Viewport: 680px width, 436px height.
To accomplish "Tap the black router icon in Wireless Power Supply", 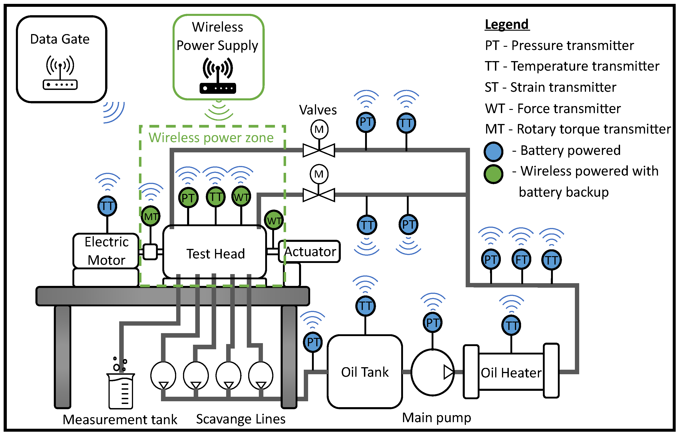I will tap(218, 76).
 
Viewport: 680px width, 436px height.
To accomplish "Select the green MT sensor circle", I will tap(151, 216).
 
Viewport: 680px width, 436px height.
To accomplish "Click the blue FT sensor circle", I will tap(521, 259).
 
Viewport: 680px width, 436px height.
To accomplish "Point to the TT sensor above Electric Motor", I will tap(107, 206).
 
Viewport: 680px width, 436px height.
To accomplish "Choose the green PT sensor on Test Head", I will tap(188, 197).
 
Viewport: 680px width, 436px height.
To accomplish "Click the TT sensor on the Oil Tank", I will tap(365, 306).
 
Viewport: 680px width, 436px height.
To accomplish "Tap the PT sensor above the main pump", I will tap(432, 322).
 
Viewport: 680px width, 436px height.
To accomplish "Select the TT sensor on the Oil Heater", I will tap(511, 325).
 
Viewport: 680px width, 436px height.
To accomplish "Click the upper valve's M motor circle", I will tap(319, 129).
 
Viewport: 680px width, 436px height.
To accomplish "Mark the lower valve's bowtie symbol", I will tap(319, 195).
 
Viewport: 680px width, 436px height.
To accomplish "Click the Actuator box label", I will tap(310, 251).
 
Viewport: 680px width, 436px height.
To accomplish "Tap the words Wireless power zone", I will tap(211, 138).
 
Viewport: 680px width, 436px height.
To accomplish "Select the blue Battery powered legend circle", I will tap(493, 151).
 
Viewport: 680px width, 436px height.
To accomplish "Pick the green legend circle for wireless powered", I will tap(493, 174).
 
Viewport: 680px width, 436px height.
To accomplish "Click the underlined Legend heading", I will tap(507, 24).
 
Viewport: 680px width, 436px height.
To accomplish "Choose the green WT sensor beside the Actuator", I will tap(274, 220).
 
